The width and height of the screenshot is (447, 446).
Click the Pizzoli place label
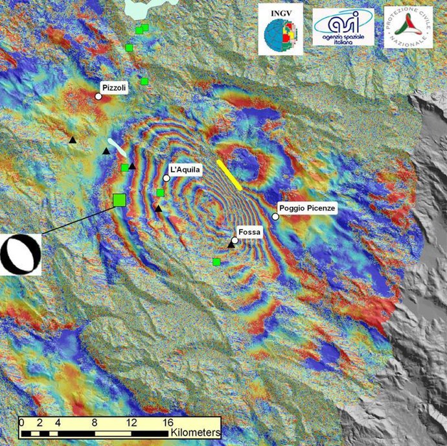point(114,86)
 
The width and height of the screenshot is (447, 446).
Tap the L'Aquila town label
point(185,169)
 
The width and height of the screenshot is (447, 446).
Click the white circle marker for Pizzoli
point(98,96)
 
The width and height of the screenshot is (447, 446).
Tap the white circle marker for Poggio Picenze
point(275,217)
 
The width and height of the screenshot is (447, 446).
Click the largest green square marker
point(119,200)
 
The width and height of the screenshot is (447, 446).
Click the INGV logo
point(279,29)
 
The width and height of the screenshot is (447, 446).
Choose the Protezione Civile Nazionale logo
point(408,27)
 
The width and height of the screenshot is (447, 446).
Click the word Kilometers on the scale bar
point(195,431)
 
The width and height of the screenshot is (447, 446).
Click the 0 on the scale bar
point(21,422)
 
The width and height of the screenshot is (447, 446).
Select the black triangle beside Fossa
point(231,245)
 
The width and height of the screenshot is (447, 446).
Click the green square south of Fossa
point(216,262)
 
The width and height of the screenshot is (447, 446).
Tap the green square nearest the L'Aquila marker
point(160,193)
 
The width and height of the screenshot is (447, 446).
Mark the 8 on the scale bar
point(95,422)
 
